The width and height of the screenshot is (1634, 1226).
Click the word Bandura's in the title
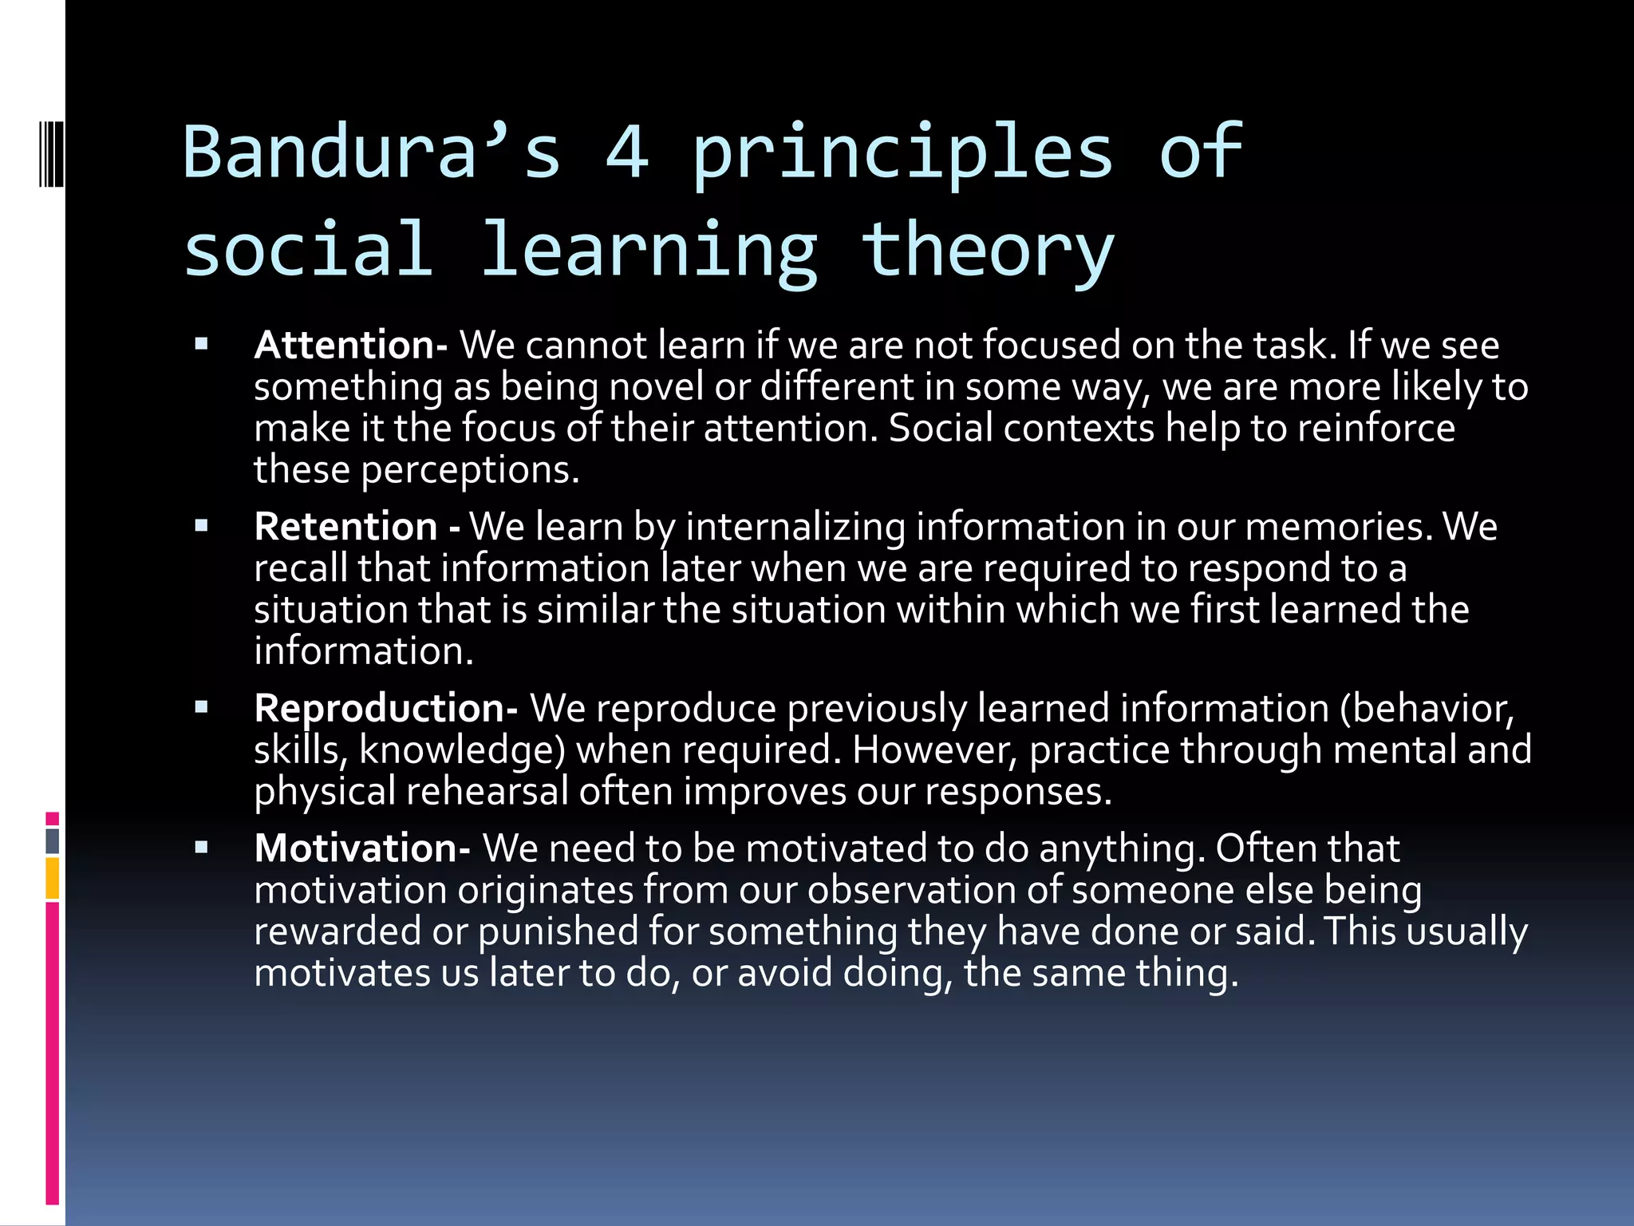(372, 152)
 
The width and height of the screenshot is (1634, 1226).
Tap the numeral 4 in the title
(627, 152)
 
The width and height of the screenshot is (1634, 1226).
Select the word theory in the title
(987, 251)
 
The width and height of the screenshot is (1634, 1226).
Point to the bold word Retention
(345, 527)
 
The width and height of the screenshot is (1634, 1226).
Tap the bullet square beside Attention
(201, 345)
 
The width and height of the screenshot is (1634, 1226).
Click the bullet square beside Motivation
(201, 848)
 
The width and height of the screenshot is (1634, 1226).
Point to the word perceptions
(469, 470)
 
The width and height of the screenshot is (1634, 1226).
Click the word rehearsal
(487, 792)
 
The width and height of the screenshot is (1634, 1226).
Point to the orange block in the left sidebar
(52, 878)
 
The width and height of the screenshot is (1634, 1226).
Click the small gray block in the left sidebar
(52, 840)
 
